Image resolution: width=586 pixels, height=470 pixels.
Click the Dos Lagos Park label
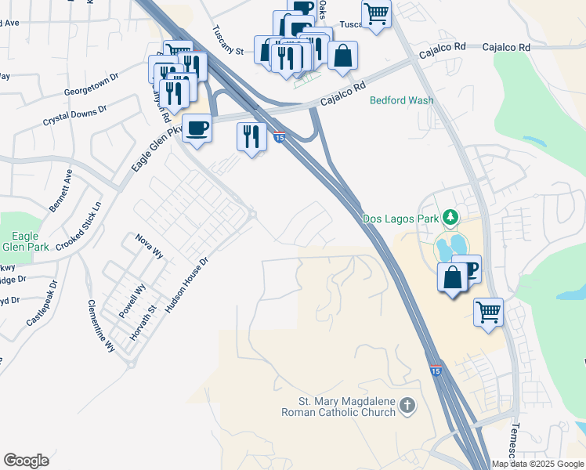click(x=400, y=218)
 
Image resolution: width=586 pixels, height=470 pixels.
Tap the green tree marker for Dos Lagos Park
click(x=450, y=216)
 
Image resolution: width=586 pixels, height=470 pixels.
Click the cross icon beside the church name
click(x=407, y=405)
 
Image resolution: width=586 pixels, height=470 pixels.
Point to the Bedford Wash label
click(x=402, y=101)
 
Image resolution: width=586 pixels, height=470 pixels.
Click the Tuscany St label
click(x=229, y=42)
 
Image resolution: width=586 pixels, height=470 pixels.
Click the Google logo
click(x=26, y=460)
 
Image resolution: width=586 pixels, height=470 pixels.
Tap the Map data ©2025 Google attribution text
click(x=537, y=464)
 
